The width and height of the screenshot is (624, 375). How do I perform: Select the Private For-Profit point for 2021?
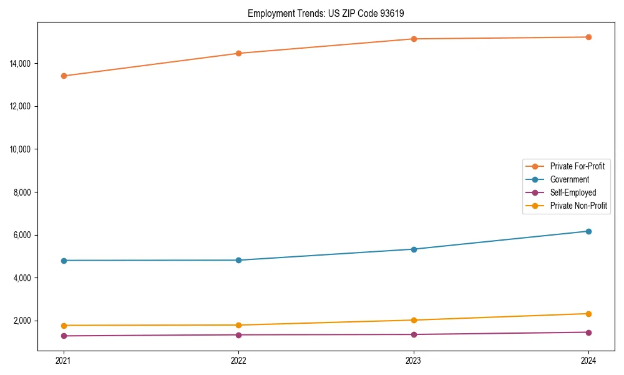[x=64, y=76]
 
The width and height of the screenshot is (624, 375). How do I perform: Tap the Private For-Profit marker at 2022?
[x=238, y=53]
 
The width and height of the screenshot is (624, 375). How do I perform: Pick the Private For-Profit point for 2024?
[x=588, y=37]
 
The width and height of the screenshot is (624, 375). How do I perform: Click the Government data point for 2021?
[x=64, y=261]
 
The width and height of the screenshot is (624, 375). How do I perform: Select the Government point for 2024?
[x=588, y=231]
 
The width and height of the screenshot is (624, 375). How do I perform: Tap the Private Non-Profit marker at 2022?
[x=238, y=325]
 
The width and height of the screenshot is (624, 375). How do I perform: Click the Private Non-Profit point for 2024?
[x=588, y=314]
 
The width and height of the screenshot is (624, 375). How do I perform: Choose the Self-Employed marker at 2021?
[x=64, y=336]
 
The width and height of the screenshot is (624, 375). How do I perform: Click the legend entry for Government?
[x=569, y=179]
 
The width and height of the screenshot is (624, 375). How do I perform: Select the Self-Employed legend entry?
[x=573, y=192]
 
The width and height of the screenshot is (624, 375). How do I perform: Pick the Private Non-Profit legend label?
[x=578, y=206]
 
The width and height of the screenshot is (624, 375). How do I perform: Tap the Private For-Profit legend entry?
[x=577, y=166]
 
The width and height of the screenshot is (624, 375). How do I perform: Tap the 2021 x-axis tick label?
[x=64, y=361]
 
